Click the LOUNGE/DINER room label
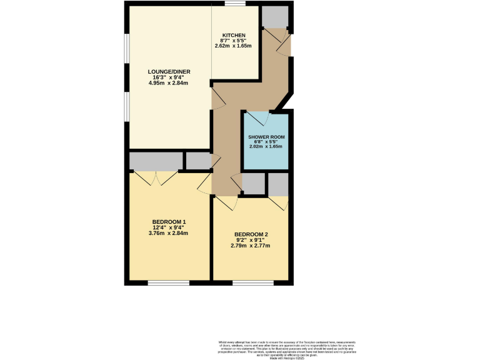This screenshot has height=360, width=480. [168, 71]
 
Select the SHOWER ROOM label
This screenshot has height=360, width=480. [266, 136]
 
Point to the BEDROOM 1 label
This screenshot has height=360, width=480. [169, 222]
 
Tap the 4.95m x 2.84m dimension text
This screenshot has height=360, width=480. [168, 82]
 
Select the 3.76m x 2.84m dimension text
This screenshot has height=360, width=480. [169, 233]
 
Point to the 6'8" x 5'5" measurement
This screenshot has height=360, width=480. [266, 142]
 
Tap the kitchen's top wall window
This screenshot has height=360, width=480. [235, 4]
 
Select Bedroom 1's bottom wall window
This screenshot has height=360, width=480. [169, 283]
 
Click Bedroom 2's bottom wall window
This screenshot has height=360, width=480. [252, 283]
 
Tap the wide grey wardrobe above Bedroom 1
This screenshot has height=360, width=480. [156, 161]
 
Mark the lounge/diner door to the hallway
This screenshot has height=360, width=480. [217, 99]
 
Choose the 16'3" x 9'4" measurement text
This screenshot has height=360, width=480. [168, 77]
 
